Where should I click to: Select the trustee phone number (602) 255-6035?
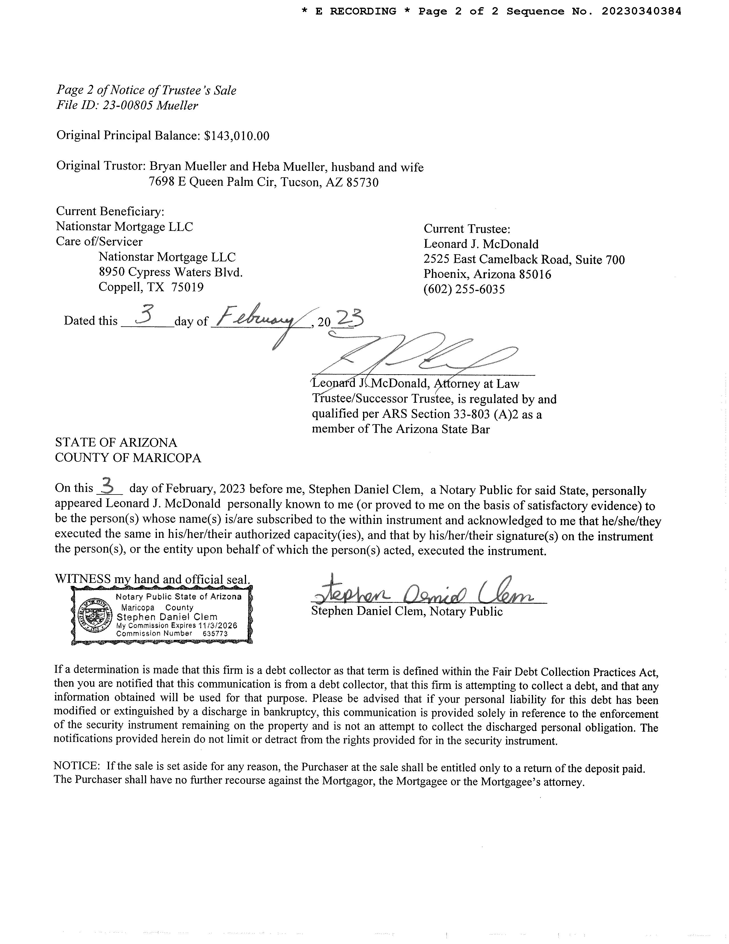464,289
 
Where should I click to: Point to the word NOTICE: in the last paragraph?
77,766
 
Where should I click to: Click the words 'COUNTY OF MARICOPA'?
128,458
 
